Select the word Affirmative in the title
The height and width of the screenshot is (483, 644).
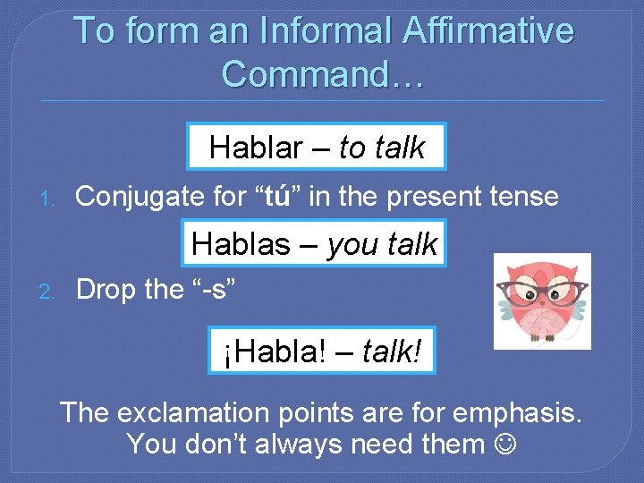488,30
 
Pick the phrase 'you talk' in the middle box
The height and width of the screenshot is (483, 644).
382,243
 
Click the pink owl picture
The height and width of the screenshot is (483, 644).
542,301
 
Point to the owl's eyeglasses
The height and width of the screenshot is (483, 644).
542,292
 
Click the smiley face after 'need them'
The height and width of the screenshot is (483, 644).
504,444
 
